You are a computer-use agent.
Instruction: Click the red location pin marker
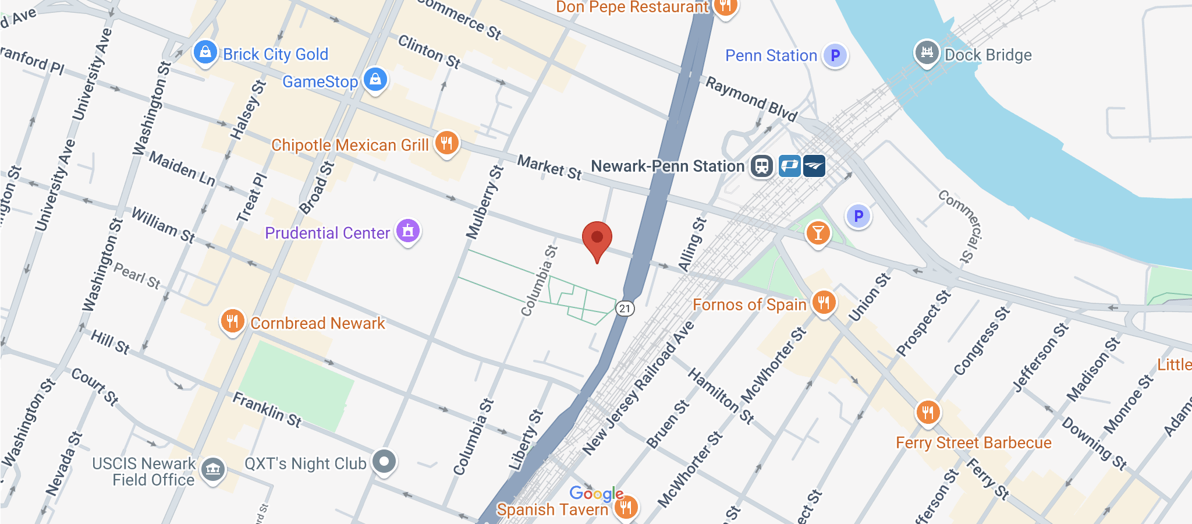click(597, 238)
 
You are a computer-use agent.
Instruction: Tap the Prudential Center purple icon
click(408, 231)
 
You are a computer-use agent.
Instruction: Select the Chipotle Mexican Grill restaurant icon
click(446, 143)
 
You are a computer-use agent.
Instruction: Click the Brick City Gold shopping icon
click(205, 53)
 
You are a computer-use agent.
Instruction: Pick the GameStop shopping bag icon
click(375, 79)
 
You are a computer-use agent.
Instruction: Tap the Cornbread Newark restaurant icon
click(232, 321)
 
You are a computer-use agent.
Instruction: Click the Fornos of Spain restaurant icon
click(824, 302)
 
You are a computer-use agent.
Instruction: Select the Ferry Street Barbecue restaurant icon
click(928, 412)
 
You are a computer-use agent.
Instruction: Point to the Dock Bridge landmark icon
click(927, 53)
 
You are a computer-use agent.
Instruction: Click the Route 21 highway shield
click(625, 308)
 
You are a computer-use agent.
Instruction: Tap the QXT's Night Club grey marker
click(384, 462)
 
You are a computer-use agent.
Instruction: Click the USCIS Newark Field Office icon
click(213, 469)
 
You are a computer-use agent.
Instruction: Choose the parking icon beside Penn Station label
click(835, 55)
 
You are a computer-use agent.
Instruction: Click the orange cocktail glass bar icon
click(818, 233)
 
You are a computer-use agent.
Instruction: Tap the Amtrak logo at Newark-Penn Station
click(814, 166)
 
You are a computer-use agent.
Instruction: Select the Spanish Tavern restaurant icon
click(626, 507)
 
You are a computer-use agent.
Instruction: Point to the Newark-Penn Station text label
click(668, 167)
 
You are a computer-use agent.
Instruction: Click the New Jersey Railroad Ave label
click(638, 387)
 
